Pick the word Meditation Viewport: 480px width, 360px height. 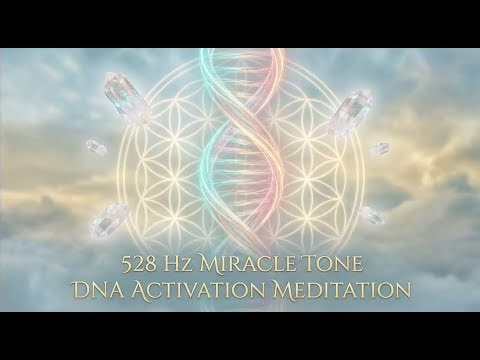click(341, 290)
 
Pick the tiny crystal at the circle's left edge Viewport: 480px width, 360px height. click(97, 150)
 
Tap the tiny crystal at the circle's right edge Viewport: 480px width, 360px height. click(380, 150)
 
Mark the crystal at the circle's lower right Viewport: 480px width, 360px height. click(371, 214)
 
